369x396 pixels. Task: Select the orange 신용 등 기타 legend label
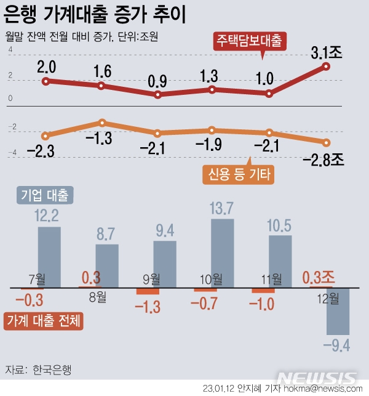(238, 175)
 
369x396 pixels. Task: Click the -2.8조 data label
(323, 160)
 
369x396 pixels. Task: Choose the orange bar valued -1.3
(148, 291)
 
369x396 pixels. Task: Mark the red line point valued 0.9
(158, 95)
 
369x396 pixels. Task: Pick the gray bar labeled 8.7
(107, 265)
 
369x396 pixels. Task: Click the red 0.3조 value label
(317, 278)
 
